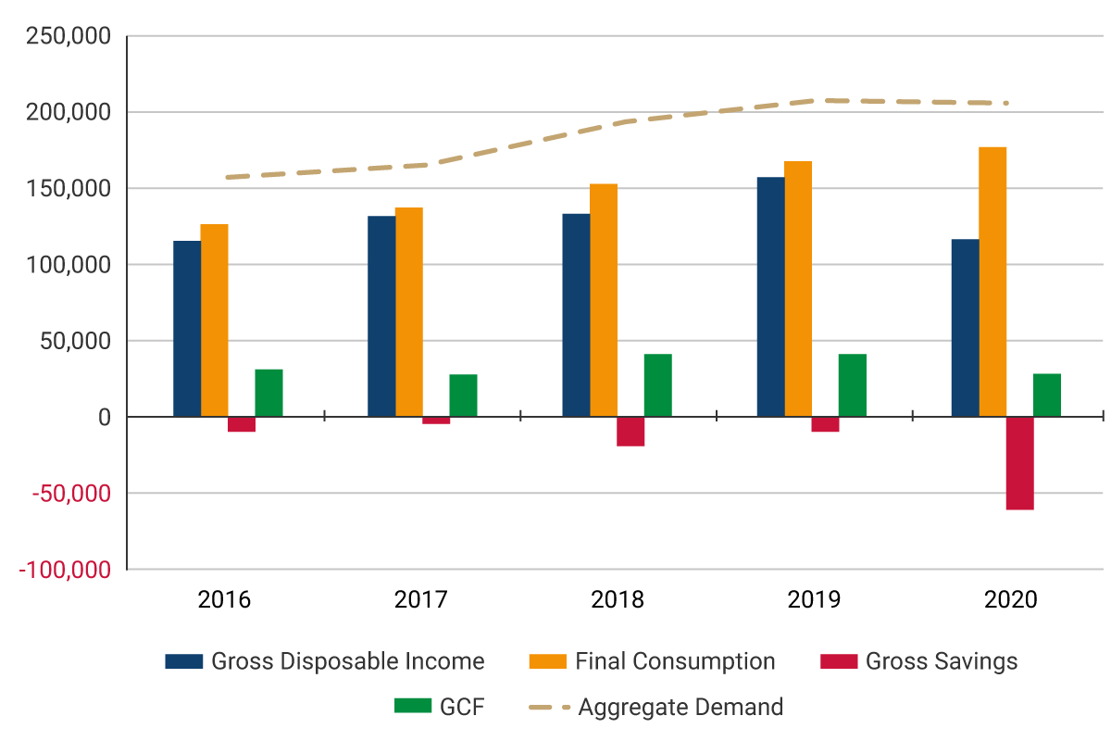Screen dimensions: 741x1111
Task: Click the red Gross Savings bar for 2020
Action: (1019, 463)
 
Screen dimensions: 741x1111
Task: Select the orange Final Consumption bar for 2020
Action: (992, 282)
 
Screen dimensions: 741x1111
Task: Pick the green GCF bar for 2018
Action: (657, 385)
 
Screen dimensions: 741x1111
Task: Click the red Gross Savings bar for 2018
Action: (630, 432)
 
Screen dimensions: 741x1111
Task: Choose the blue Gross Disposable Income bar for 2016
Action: (187, 329)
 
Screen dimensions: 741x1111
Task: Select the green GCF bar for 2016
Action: (268, 393)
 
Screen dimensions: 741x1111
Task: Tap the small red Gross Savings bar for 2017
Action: (436, 421)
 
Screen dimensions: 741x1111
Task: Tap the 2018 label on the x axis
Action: (618, 599)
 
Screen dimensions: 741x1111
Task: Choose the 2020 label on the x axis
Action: (1011, 599)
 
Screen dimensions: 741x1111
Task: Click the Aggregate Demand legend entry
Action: (680, 708)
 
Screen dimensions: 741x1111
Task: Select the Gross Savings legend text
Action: (942, 661)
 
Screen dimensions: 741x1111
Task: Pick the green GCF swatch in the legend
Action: (413, 707)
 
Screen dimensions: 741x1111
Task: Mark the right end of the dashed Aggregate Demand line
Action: (1006, 103)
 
